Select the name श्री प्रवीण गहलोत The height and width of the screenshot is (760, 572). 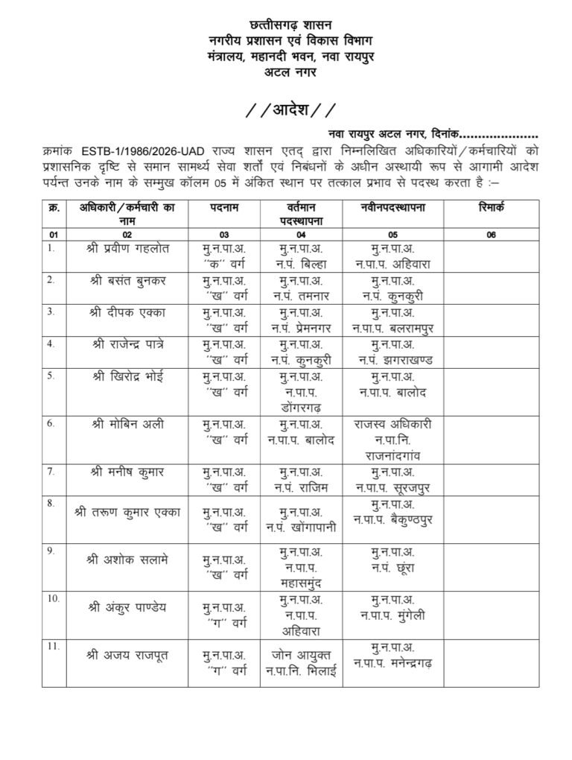click(128, 248)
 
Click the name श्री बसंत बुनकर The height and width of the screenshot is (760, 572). click(128, 280)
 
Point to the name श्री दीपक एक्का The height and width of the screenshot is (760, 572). click(128, 312)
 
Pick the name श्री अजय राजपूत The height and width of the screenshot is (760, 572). click(128, 656)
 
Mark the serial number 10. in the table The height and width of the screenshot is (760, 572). click(53, 598)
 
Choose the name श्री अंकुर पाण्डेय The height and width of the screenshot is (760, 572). click(128, 607)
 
